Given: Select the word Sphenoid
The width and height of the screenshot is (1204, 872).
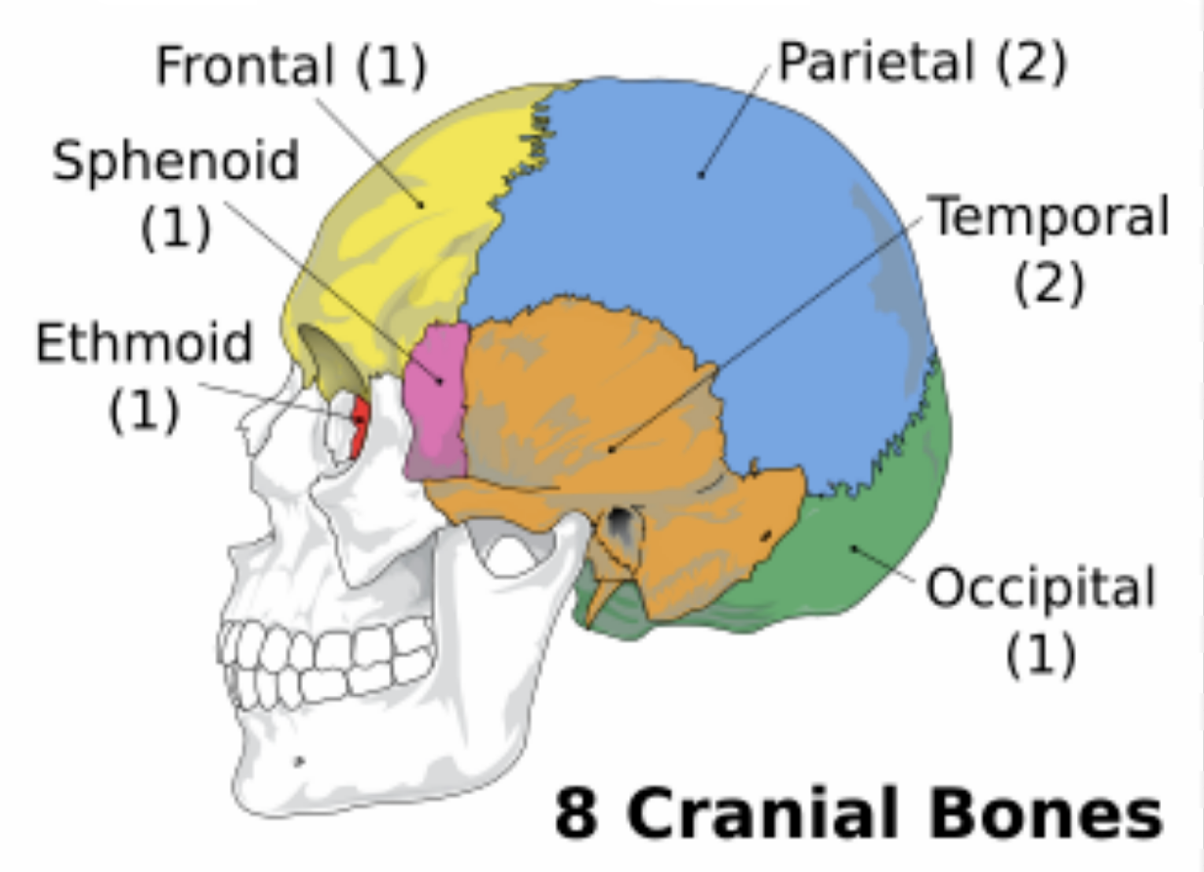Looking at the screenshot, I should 176,160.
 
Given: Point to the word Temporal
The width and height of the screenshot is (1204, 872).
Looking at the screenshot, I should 1049,216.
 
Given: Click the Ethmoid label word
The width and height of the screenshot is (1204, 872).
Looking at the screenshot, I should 145,344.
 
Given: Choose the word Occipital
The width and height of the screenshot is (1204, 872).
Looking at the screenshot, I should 1040,589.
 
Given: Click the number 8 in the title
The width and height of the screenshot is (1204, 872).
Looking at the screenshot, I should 576,813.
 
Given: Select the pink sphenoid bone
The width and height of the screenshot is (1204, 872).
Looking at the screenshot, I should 437,401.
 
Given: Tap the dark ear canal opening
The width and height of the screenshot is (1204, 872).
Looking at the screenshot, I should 619,529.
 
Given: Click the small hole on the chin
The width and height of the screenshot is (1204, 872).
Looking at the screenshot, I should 300,761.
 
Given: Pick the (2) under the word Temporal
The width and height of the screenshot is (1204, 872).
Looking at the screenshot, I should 1049,283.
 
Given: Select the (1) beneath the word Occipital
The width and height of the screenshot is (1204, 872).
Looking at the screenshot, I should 1040,655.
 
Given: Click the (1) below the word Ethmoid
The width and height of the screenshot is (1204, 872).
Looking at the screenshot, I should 145,411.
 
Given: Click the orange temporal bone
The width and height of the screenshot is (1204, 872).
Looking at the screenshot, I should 586,411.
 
